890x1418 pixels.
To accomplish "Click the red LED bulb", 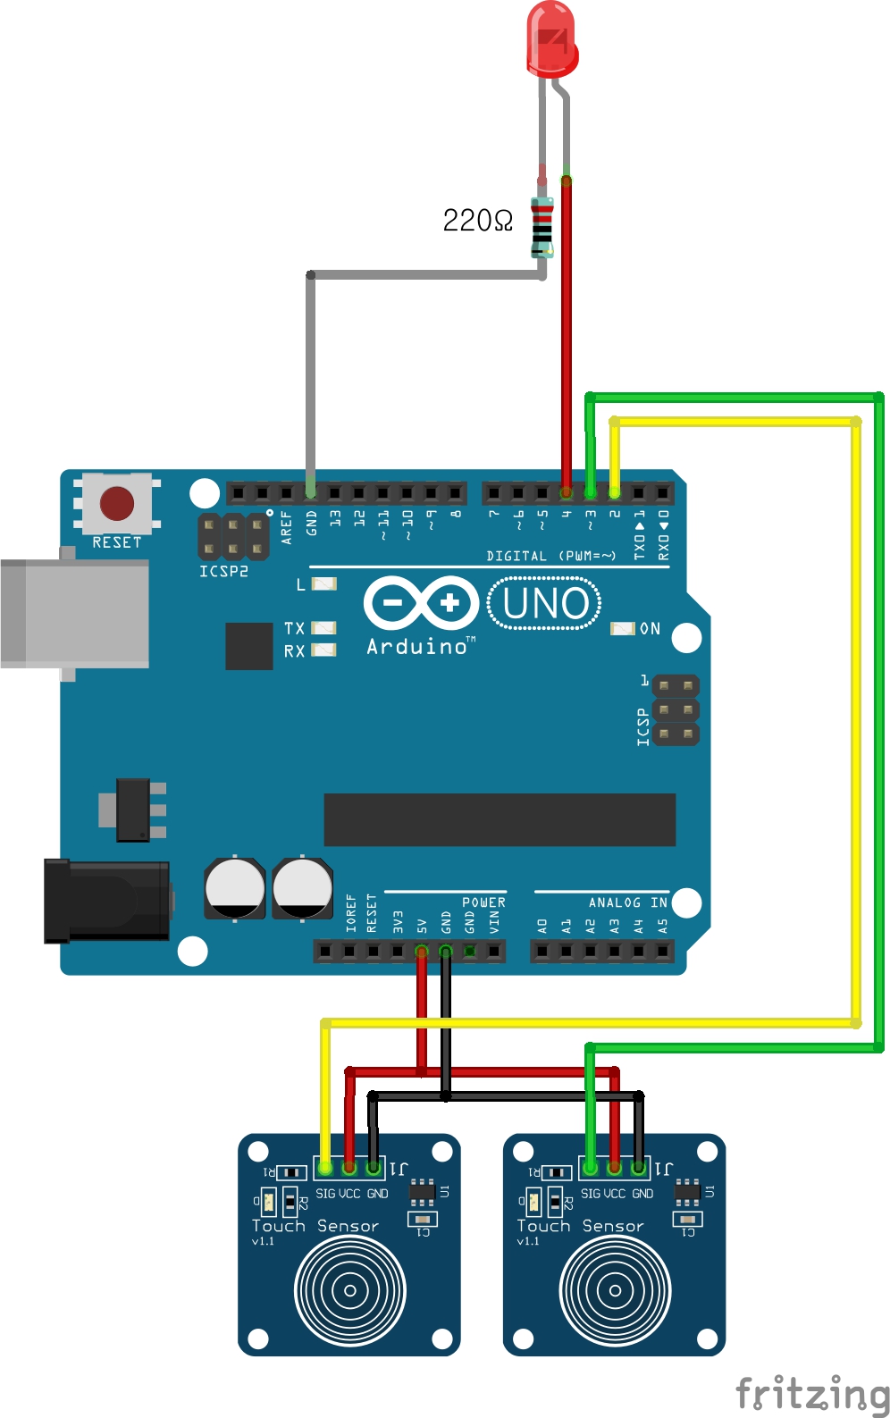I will pyautogui.click(x=551, y=38).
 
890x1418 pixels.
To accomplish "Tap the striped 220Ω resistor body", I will pyautogui.click(x=542, y=227).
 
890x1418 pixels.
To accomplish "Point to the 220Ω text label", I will pyautogui.click(x=477, y=221).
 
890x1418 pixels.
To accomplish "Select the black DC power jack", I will pyautogui.click(x=107, y=901).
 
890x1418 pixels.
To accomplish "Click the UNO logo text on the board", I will pyautogui.click(x=544, y=604).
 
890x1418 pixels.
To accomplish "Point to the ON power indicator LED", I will pyautogui.click(x=623, y=629).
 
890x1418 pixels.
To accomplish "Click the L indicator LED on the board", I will pyautogui.click(x=323, y=584).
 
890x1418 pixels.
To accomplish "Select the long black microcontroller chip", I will pyautogui.click(x=500, y=819).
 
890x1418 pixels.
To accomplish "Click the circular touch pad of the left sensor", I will pyautogui.click(x=350, y=1290).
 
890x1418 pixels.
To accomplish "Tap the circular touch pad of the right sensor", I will pyautogui.click(x=615, y=1290).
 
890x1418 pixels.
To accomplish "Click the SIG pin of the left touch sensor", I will pyautogui.click(x=325, y=1168).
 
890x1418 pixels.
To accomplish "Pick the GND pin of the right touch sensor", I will pyautogui.click(x=638, y=1167).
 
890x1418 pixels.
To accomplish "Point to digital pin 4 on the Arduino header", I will pyautogui.click(x=566, y=492).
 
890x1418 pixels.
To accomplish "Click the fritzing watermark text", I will pyautogui.click(x=812, y=1394).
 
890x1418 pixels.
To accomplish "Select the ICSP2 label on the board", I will pyautogui.click(x=223, y=571).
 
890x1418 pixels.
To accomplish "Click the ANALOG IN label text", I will pyautogui.click(x=627, y=903).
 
